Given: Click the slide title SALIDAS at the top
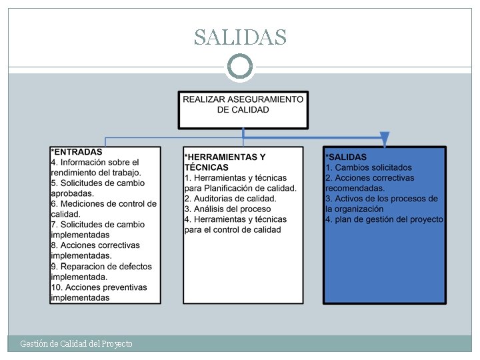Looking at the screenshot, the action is [240, 37].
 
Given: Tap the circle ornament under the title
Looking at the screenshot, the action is [240, 67].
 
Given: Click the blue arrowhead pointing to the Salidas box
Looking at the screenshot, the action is [385, 139].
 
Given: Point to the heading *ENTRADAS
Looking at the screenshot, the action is [77, 152].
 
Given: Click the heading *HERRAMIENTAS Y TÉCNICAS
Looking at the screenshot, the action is [225, 162].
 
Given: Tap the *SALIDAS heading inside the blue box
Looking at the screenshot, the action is [346, 157].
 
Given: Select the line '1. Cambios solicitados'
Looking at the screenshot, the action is [369, 168].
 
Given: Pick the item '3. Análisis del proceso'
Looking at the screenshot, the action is [227, 209].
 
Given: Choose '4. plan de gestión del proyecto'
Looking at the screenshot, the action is [384, 219].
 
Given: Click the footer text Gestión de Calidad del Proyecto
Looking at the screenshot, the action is [76, 343].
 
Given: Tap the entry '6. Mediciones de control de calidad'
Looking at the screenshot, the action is [103, 209].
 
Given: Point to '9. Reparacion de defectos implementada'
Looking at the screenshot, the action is [101, 271].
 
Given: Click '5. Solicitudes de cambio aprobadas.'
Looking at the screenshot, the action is [97, 188].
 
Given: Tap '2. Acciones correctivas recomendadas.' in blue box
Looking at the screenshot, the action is [370, 183].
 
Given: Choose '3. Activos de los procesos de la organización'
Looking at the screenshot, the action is [381, 203].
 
